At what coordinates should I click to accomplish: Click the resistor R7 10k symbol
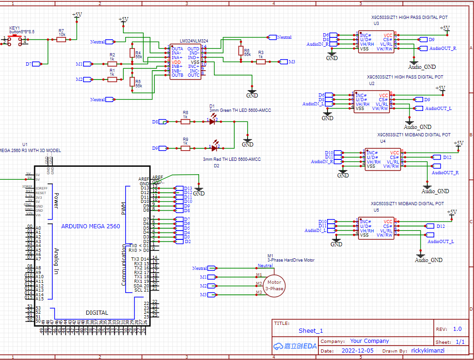click(61, 40)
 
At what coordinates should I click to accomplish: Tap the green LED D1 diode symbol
click(213, 122)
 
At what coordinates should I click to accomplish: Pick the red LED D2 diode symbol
click(214, 148)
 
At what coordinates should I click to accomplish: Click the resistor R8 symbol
click(185, 122)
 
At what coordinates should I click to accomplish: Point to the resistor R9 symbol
click(185, 148)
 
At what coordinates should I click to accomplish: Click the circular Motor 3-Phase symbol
click(274, 286)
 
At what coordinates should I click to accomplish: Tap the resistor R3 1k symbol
click(261, 61)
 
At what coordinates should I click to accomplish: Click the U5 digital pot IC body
click(376, 228)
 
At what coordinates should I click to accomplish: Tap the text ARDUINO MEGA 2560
click(91, 226)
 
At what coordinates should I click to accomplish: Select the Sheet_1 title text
click(310, 330)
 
